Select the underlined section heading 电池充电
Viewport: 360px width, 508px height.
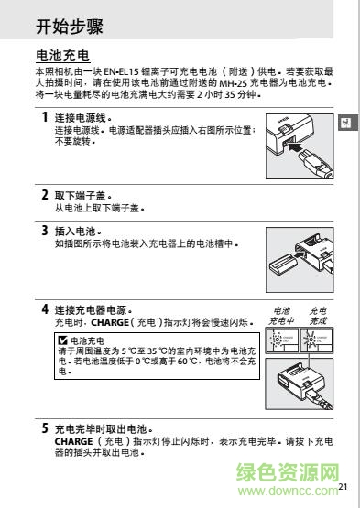click(x=61, y=57)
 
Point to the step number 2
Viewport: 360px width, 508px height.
click(x=45, y=195)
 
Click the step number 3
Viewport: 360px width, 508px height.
click(x=45, y=231)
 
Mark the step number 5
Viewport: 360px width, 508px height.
click(x=45, y=427)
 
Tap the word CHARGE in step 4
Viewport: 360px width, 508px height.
click(x=105, y=323)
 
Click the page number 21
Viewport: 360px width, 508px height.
click(x=344, y=488)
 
